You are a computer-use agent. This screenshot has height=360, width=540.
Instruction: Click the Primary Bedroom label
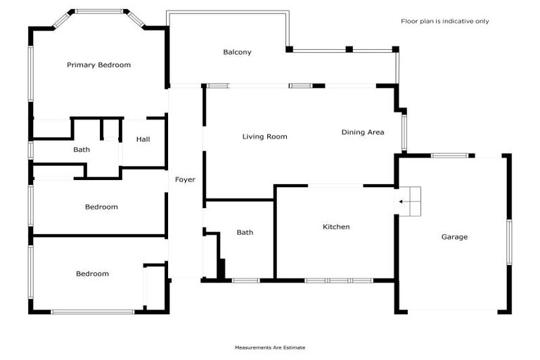tap(99, 65)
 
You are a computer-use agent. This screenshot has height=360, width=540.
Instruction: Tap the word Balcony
tap(237, 52)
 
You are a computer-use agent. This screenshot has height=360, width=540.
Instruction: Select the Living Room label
tap(265, 136)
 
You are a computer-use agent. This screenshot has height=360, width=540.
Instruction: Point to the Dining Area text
tap(363, 132)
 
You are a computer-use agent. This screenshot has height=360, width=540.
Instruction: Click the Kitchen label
tap(336, 226)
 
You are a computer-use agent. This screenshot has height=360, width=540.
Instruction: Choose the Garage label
tap(455, 237)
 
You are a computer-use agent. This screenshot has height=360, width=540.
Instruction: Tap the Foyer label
tap(185, 179)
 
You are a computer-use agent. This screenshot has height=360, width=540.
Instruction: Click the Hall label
tap(143, 139)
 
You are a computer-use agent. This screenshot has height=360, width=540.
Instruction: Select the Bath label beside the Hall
tap(82, 150)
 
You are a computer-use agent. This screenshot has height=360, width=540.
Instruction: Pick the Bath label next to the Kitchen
tap(245, 233)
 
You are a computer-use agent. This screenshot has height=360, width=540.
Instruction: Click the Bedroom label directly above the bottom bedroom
tap(101, 207)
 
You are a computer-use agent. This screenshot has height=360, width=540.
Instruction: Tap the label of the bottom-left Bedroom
tap(92, 274)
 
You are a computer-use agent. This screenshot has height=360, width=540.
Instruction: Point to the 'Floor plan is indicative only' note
tap(444, 21)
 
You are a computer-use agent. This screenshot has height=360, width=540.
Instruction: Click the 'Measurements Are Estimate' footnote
tap(270, 347)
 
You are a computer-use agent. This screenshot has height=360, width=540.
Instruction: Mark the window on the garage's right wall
tap(509, 243)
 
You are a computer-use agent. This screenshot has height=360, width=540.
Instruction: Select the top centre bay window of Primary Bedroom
tap(99, 11)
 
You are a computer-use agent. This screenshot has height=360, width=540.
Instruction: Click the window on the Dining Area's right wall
tap(404, 133)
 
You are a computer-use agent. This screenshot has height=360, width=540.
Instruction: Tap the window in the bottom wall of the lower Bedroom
tap(93, 312)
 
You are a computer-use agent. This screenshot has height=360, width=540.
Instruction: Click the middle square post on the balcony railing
tap(349, 49)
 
